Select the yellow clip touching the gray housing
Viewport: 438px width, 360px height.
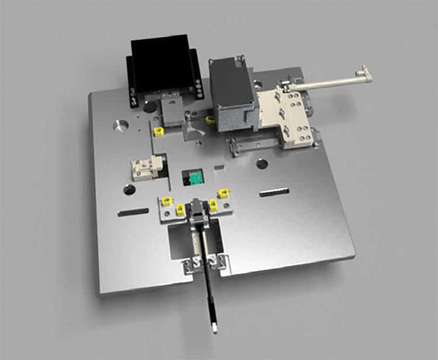pyautogui.click(x=211, y=121)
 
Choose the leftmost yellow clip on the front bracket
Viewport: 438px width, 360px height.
pyautogui.click(x=167, y=201)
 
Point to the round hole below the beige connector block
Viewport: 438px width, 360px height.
pyautogui.click(x=130, y=190)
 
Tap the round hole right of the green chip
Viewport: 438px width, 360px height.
pyautogui.click(x=262, y=165)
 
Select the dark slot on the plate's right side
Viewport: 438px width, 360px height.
pyautogui.click(x=274, y=192)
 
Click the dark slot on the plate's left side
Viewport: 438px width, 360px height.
pyautogui.click(x=132, y=212)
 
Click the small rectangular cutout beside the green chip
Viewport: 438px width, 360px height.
pyautogui.click(x=220, y=169)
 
